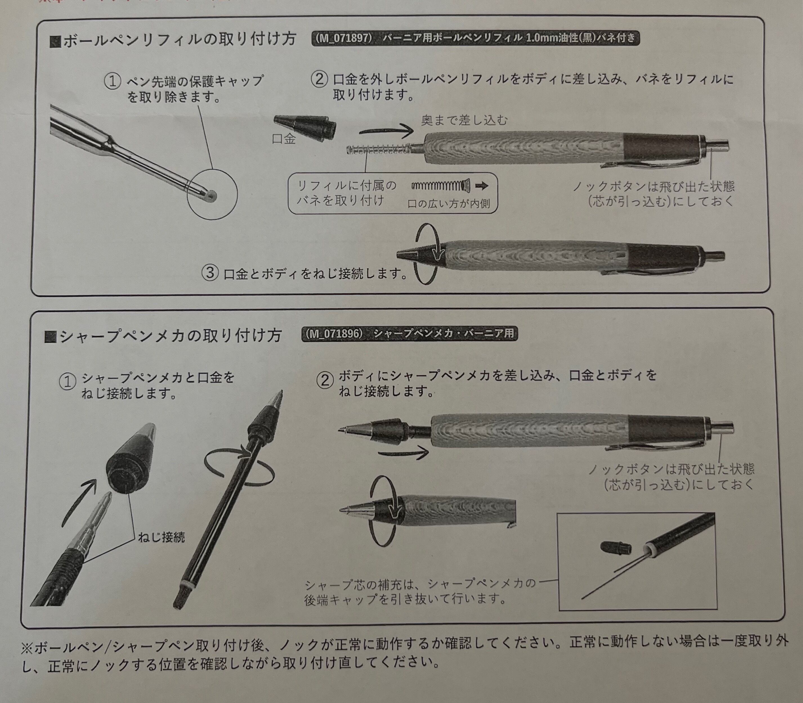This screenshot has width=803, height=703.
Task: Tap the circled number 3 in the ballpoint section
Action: coord(210,273)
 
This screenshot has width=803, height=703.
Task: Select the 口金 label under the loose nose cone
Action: coord(284,139)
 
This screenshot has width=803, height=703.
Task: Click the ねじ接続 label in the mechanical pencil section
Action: coord(161,537)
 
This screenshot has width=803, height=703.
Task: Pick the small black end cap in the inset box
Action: coord(616,548)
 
